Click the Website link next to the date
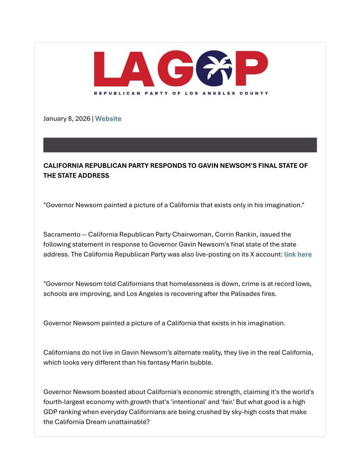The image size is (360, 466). click(108, 119)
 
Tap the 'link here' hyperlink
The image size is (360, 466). click(298, 254)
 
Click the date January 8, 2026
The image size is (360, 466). click(67, 119)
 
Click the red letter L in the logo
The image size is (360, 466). click(107, 69)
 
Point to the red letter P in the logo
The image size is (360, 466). click(252, 69)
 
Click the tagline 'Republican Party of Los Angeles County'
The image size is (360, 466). click(181, 93)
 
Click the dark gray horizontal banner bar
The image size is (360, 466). click(180, 145)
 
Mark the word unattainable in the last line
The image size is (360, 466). click(129, 422)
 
